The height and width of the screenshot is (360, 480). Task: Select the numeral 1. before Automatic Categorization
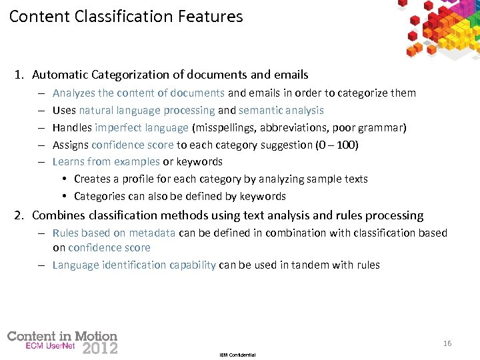point(20,75)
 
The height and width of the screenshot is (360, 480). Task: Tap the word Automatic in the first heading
point(59,75)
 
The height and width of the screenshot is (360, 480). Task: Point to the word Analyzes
point(73,93)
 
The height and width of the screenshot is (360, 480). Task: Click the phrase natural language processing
point(147,111)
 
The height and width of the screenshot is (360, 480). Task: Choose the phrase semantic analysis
point(281,111)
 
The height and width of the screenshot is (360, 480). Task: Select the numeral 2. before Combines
point(20,215)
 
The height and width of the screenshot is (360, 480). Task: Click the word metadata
point(152,233)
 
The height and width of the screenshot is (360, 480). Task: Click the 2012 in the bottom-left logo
point(99,347)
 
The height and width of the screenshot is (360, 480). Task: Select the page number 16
point(447,343)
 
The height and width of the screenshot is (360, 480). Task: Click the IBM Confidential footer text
point(237,355)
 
